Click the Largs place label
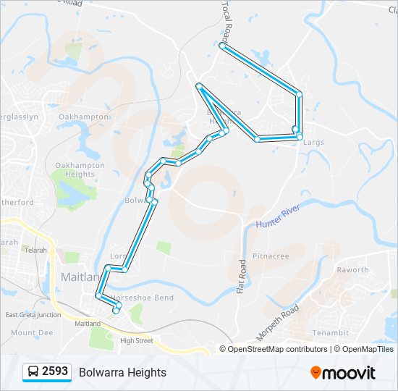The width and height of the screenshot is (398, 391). click(x=314, y=143)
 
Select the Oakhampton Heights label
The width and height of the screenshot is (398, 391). click(x=80, y=169)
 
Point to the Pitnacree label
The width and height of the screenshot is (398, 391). click(x=271, y=256)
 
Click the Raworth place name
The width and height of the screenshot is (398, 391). click(x=352, y=270)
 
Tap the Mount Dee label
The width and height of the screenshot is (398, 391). click(x=32, y=333)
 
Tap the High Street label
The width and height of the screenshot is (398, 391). click(x=137, y=340)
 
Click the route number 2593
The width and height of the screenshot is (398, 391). click(x=55, y=371)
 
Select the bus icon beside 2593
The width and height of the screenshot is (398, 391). click(x=33, y=372)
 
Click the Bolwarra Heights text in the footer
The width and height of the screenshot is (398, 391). click(x=122, y=372)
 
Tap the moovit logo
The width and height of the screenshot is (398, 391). click(x=343, y=373)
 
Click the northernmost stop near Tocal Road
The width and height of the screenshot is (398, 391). click(x=222, y=46)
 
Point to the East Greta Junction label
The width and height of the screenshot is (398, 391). click(x=33, y=315)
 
